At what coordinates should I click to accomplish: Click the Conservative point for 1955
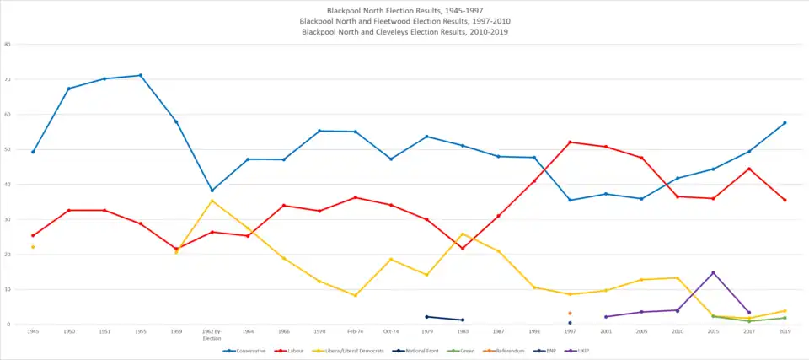pos(141,75)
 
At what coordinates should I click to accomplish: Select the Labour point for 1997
pos(570,142)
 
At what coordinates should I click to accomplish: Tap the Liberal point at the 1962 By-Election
pos(212,201)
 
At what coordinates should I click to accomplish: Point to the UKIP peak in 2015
pos(713,272)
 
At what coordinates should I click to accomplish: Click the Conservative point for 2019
pos(785,123)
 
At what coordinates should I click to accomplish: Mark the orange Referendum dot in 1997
pos(570,313)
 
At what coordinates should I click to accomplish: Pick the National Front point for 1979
pos(426,316)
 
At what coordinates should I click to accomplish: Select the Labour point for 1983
pos(463,248)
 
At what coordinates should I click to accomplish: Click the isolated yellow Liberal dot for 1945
pos(33,247)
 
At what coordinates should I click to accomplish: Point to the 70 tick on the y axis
pos(7,79)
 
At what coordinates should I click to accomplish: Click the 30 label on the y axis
pos(7,219)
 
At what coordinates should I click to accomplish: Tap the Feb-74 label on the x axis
pos(355,332)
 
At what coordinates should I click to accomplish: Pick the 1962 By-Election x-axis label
pos(212,335)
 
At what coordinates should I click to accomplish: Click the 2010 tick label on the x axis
pos(677,332)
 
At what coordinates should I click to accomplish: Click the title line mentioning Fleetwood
pos(404,20)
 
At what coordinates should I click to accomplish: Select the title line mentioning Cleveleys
pos(404,31)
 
